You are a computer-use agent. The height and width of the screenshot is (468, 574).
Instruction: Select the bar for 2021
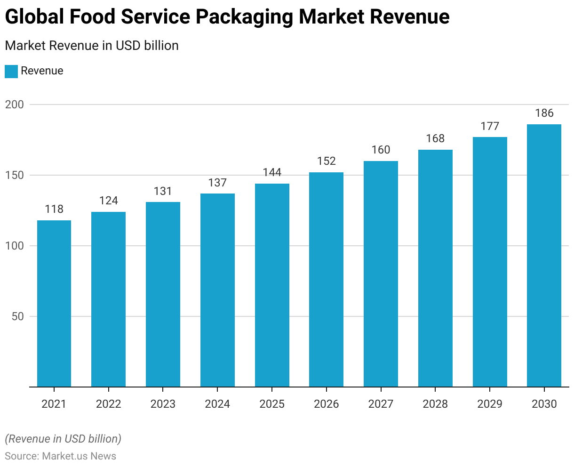coord(54,304)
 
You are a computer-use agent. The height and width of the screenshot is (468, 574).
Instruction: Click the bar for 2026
coord(326,280)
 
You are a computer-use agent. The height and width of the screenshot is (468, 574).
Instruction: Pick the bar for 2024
coord(217,290)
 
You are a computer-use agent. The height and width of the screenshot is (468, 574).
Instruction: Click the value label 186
coord(544,113)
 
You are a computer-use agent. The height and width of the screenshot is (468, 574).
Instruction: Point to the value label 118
coord(54,209)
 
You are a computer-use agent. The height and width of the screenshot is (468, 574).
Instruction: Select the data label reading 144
coord(272,172)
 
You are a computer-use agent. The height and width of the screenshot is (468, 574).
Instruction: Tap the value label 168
coord(435,138)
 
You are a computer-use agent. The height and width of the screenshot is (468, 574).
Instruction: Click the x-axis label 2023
coord(163,404)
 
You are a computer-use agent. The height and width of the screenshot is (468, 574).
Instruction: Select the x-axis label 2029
coord(490,404)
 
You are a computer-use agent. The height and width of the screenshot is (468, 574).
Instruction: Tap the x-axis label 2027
coord(381,404)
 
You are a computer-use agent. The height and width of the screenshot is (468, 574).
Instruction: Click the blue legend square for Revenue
coord(11,71)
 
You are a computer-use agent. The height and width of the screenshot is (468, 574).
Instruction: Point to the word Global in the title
coord(34,17)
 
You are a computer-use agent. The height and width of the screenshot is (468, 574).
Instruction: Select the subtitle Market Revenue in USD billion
coord(92,46)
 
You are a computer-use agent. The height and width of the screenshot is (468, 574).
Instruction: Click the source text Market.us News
coord(79,456)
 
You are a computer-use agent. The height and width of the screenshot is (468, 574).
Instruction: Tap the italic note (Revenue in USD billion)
coord(63,439)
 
